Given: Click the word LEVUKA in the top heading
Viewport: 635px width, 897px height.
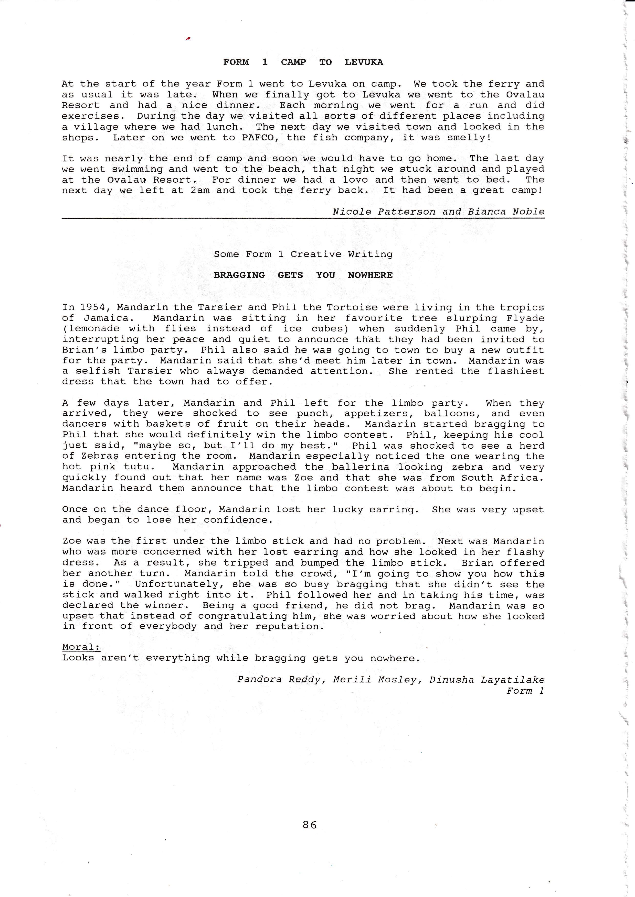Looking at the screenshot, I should point(364,62).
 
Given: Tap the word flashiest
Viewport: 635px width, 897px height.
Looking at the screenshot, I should point(516,371).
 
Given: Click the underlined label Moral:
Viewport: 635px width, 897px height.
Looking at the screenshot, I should point(81,647).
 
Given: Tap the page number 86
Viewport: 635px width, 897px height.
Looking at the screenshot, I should point(309,825).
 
